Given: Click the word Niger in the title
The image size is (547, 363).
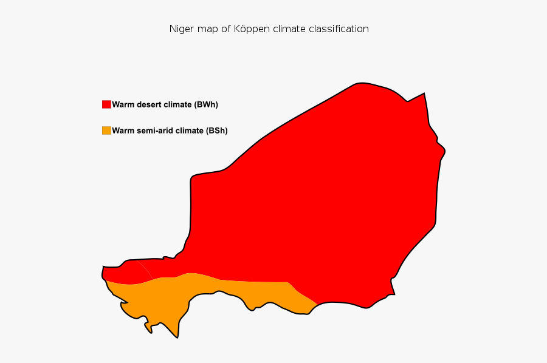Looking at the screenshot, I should point(181,29).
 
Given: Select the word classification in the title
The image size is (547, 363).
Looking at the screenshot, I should point(339,29).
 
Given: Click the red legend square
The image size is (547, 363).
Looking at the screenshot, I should point(106,104).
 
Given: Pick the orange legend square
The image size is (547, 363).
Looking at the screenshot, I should point(106,131).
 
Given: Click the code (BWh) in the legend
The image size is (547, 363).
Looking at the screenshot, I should point(206,104).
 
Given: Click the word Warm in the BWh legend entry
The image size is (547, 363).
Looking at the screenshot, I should point(123,104).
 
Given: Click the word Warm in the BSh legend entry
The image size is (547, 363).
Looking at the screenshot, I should point(123,131).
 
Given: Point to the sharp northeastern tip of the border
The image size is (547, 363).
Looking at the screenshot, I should point(424,93).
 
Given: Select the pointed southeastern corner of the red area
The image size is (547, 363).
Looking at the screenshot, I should point(394,294).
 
